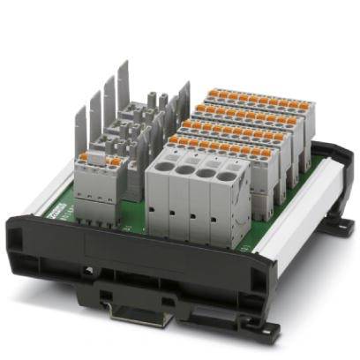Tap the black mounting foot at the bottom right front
[257, 326]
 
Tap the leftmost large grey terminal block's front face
[159, 207]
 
